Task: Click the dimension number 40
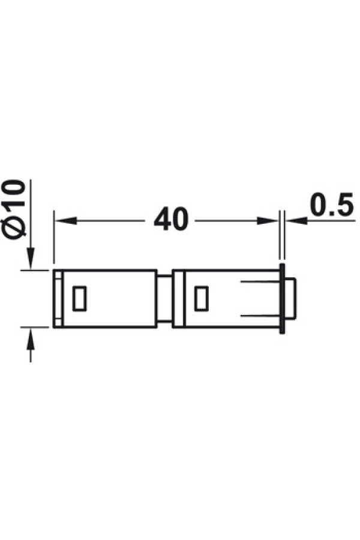coord(171,220)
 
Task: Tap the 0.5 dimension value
coord(332,205)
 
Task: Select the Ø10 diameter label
coord(16,208)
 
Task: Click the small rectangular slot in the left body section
coord(79,298)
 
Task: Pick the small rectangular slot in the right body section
coord(202,298)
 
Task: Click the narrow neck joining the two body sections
coord(164,298)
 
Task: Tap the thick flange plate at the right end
coord(283,298)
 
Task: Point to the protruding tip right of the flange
coord(290,298)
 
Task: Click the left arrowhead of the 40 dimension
coord(65,220)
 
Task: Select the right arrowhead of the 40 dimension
coord(268,220)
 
